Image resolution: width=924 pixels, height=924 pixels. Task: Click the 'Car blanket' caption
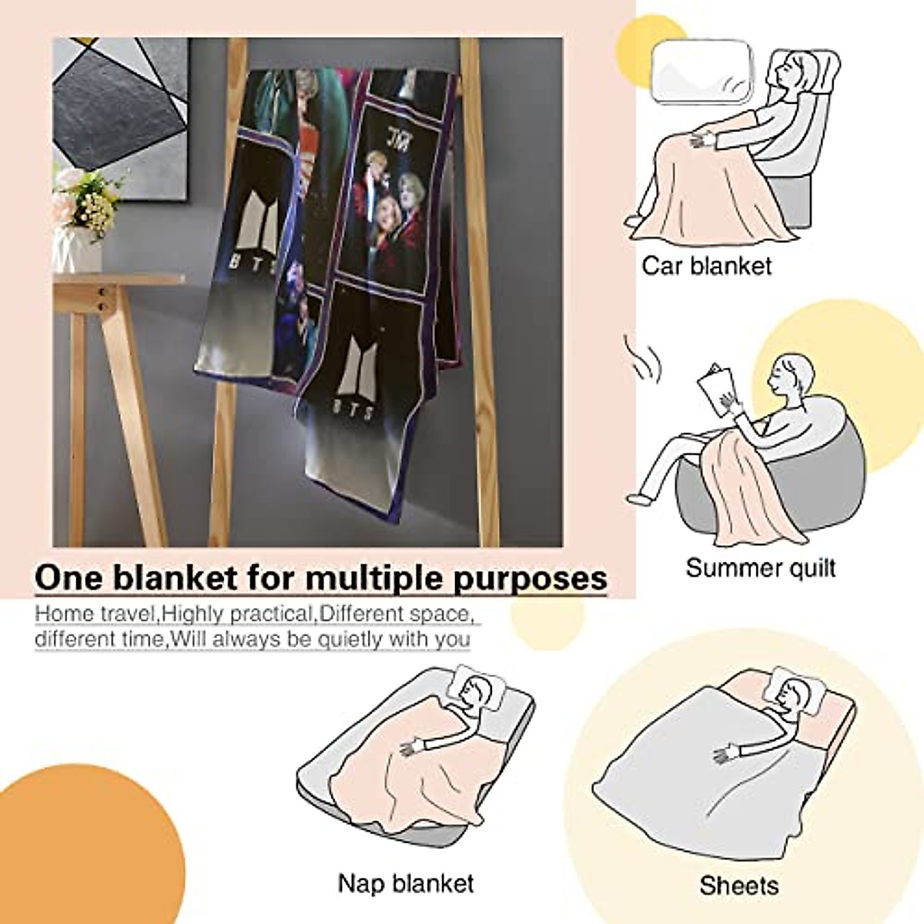point(706,266)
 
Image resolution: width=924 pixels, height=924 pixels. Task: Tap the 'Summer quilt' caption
point(760,568)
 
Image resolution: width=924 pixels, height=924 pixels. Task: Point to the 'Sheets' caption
point(738,885)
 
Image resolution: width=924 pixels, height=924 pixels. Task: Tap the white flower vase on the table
point(78,247)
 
